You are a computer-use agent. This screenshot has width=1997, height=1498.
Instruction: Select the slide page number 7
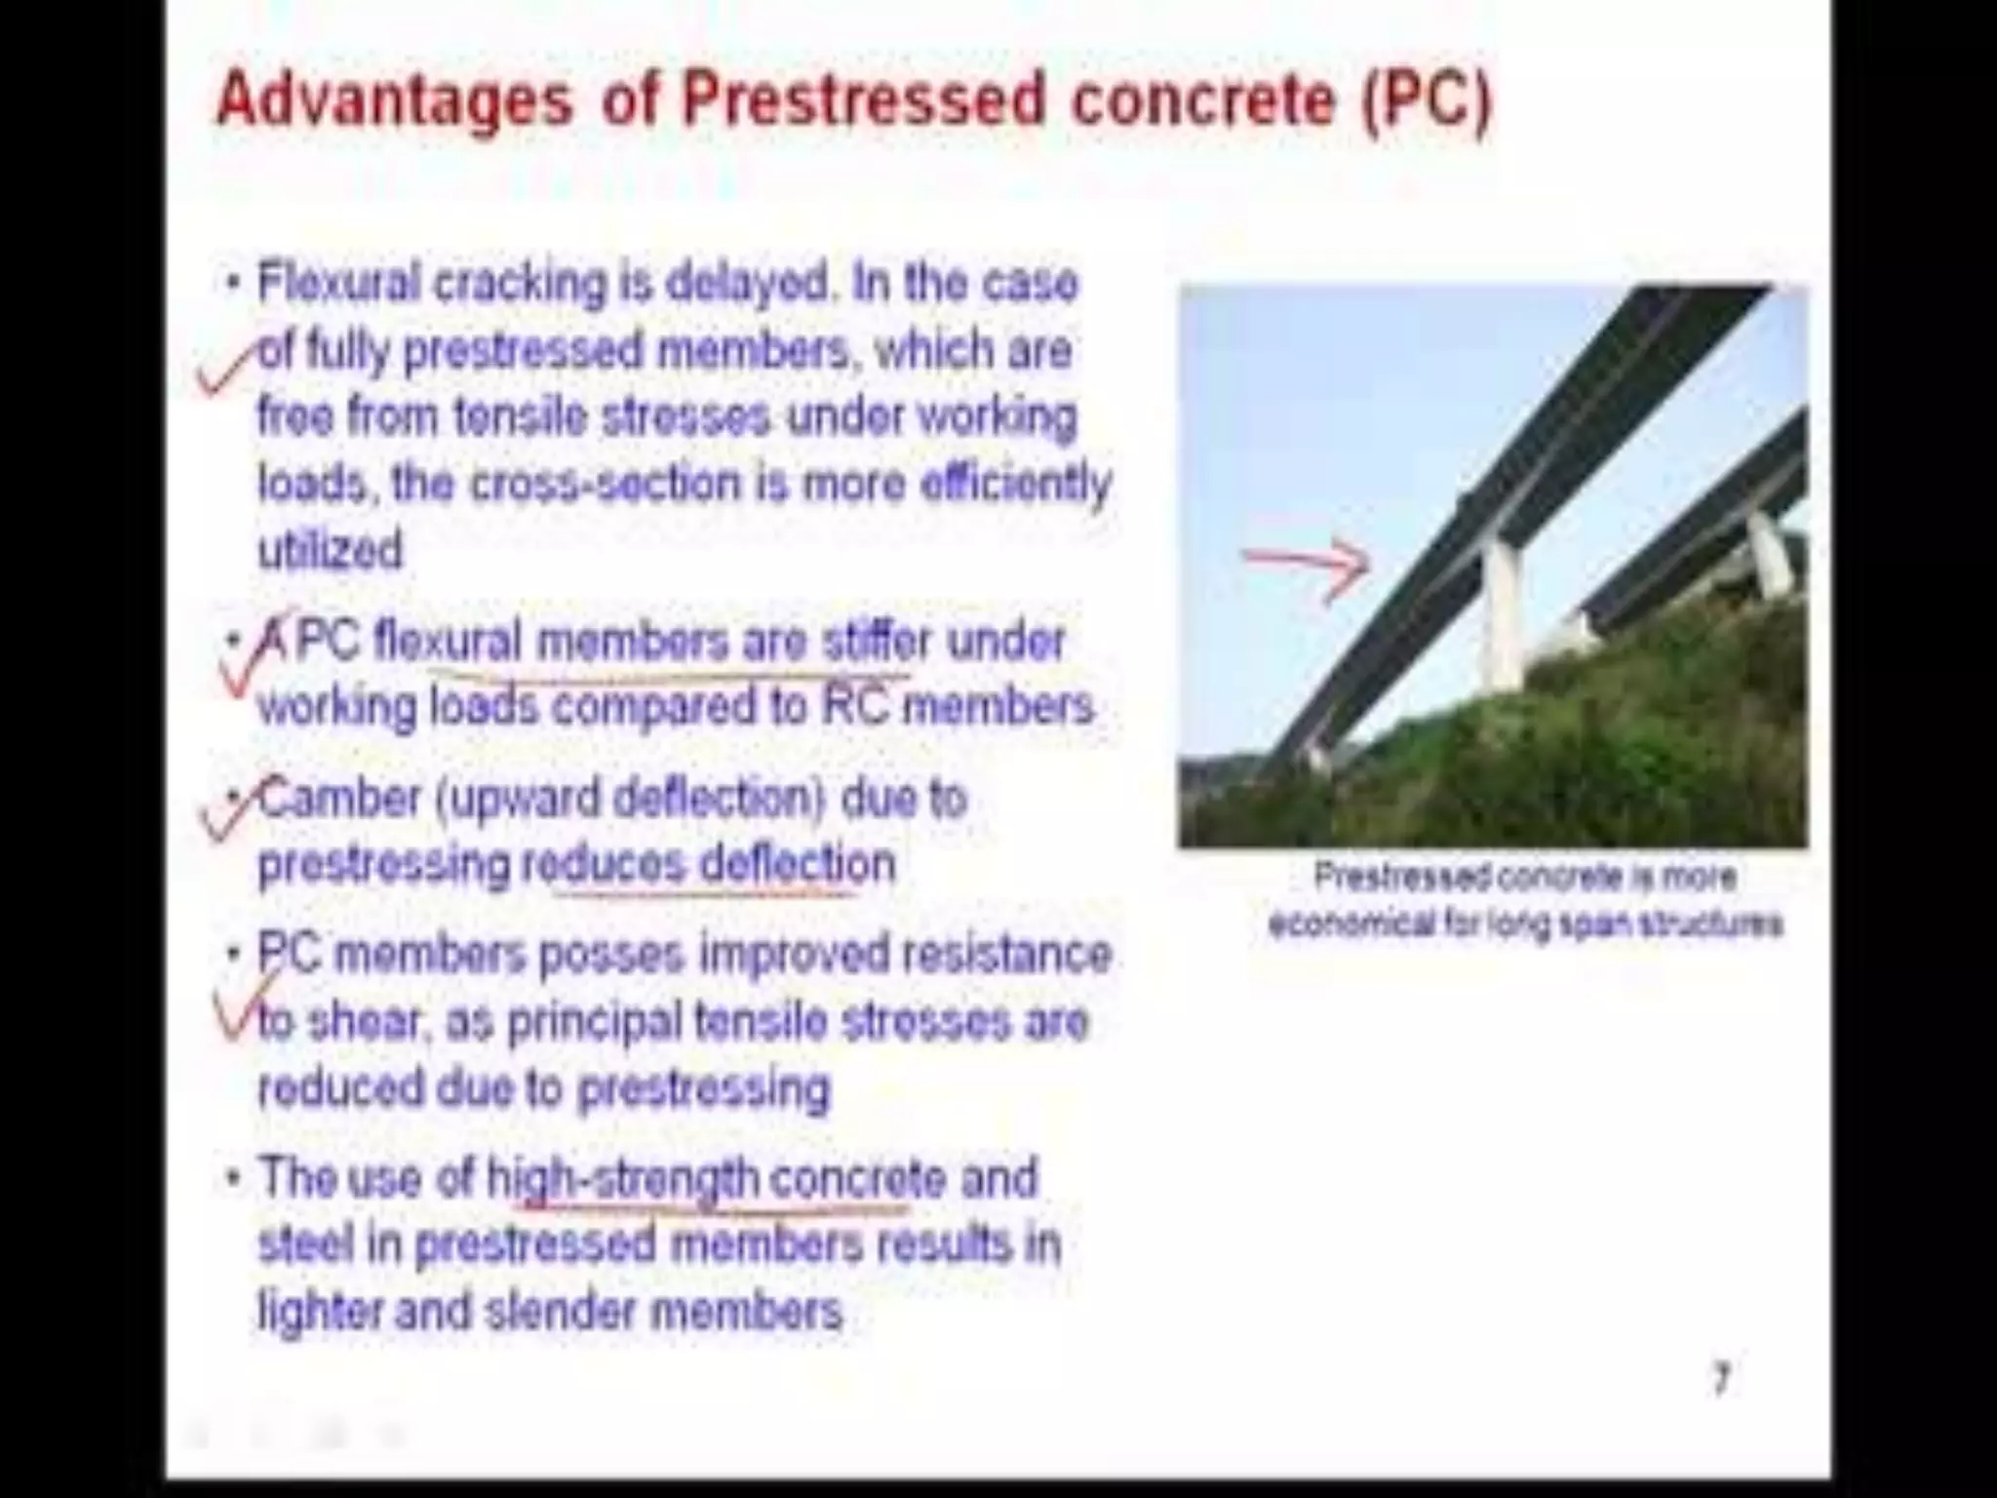pos(1721,1379)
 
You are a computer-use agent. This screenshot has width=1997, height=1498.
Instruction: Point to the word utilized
pos(330,550)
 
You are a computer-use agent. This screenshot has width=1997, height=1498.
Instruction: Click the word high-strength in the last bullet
pos(623,1179)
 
